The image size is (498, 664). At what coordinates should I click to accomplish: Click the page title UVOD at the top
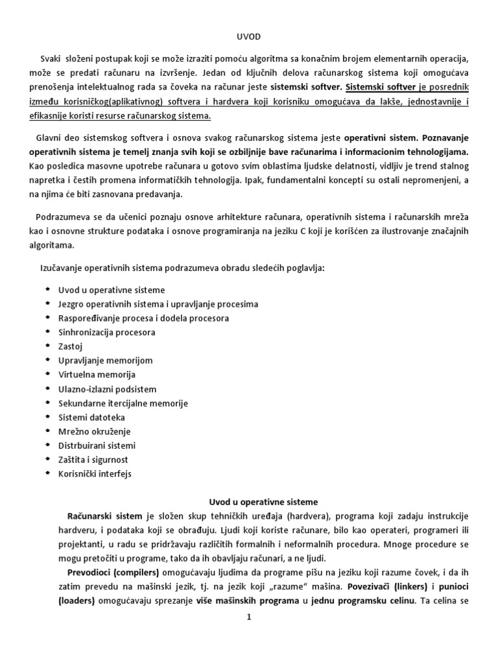(249, 38)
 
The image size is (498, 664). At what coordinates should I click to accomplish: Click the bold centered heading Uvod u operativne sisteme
(249, 502)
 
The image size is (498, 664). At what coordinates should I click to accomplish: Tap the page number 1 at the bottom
(248, 617)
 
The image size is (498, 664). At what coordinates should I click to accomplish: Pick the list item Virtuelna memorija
(97, 375)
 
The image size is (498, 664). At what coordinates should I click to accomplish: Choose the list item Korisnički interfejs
(95, 473)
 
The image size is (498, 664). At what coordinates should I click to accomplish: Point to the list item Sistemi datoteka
(91, 417)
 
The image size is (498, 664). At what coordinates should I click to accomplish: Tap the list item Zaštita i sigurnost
(93, 459)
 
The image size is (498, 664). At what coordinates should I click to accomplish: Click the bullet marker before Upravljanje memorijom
(47, 360)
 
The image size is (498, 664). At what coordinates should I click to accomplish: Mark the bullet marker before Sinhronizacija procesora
(47, 331)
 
